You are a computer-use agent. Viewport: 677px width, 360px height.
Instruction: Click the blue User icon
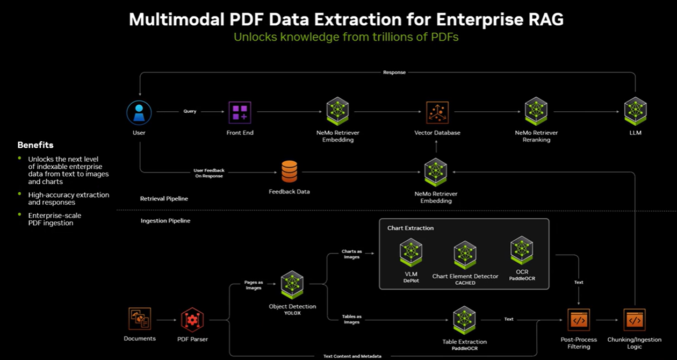[x=139, y=113]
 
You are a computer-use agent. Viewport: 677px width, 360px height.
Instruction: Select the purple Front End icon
[x=240, y=112]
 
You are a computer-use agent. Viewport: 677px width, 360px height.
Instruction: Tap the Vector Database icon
[x=437, y=112]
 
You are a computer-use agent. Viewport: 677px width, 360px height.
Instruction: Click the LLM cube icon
[x=635, y=111]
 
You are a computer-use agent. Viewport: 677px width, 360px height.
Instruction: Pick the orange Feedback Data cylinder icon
[x=289, y=171]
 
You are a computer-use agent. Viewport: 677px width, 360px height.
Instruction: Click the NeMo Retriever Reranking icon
[x=536, y=111]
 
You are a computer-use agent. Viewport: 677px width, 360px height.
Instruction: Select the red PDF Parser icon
[x=192, y=319]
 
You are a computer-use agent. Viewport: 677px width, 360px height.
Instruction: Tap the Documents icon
[x=140, y=319]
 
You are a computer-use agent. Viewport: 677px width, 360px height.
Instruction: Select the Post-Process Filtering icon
[x=579, y=320]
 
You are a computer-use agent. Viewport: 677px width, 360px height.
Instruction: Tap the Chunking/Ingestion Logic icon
[x=635, y=320]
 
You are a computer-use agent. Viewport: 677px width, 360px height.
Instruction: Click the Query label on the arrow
[x=190, y=112]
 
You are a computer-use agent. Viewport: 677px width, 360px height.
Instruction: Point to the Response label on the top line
[x=394, y=72]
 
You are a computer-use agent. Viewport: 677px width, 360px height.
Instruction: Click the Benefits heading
[x=35, y=145]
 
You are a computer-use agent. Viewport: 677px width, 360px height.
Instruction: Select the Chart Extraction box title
[x=410, y=228]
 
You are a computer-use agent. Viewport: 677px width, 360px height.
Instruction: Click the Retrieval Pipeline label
[x=164, y=199]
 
